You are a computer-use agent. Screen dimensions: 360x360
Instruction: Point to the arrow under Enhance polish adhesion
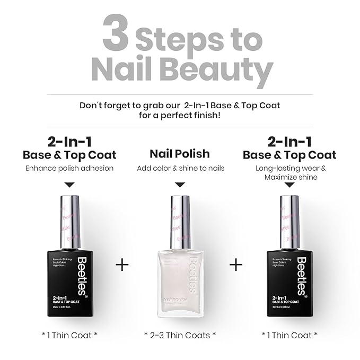point(69,185)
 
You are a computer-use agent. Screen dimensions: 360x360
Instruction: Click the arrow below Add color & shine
point(180,185)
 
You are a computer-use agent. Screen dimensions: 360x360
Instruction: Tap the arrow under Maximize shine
point(289,185)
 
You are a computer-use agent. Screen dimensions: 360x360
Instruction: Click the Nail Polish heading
point(180,154)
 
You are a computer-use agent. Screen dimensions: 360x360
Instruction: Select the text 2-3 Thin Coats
point(180,335)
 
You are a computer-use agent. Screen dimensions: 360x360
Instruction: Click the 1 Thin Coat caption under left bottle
point(69,335)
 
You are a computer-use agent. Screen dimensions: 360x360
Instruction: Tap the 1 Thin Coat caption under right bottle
point(289,335)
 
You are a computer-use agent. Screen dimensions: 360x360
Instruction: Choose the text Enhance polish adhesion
point(69,168)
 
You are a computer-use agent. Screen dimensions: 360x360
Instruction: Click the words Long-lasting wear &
point(289,168)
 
